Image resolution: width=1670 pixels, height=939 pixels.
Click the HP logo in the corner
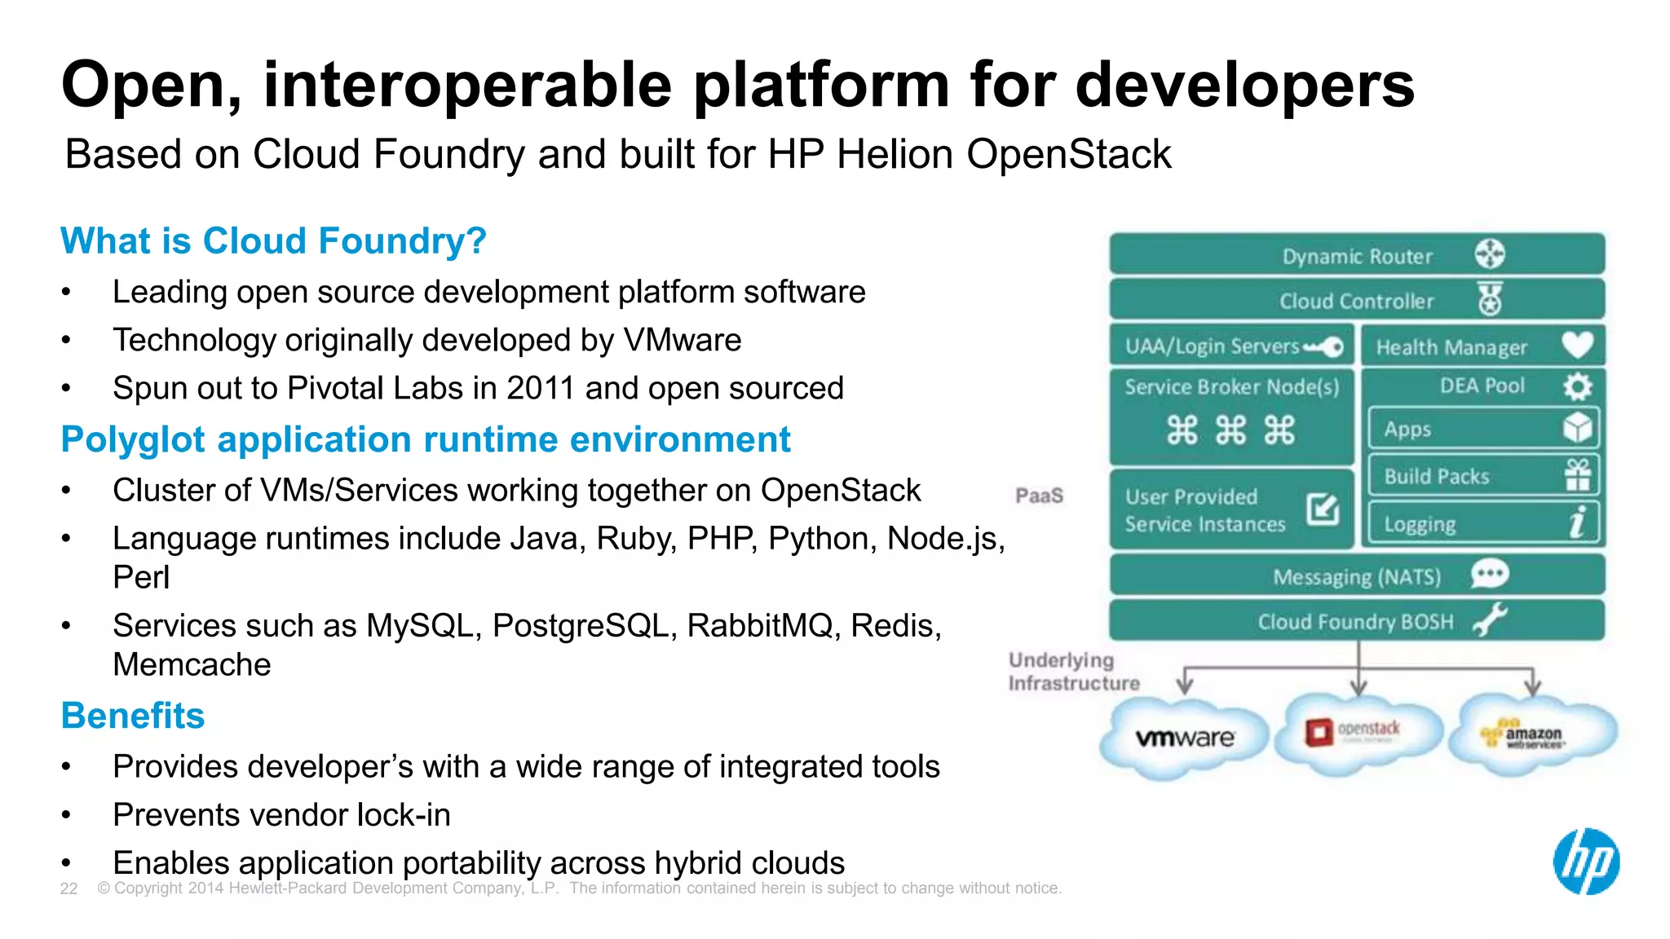(x=1585, y=862)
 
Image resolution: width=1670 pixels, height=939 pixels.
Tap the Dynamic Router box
(x=1356, y=255)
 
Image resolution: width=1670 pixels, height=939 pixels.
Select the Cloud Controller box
(x=1356, y=300)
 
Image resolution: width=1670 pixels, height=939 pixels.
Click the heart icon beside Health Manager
(x=1578, y=345)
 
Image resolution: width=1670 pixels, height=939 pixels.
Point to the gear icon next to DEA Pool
(x=1577, y=386)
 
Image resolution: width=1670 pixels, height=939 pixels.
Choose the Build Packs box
(x=1482, y=476)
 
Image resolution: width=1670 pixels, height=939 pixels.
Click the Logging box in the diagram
(x=1482, y=523)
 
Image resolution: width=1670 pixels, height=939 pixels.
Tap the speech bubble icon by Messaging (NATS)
(x=1490, y=574)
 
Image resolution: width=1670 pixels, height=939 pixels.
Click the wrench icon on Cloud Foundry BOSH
(x=1490, y=620)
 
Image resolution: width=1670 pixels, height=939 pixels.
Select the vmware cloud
(x=1184, y=737)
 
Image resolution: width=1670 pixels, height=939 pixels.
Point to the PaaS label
(x=1039, y=496)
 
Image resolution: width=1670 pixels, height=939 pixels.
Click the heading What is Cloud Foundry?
(x=273, y=241)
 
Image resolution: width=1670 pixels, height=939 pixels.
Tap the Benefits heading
(x=133, y=716)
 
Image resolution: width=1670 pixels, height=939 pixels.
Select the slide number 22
(x=68, y=888)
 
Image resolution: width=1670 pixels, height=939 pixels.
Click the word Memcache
(x=192, y=664)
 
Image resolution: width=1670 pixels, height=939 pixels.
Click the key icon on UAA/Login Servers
(x=1323, y=347)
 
